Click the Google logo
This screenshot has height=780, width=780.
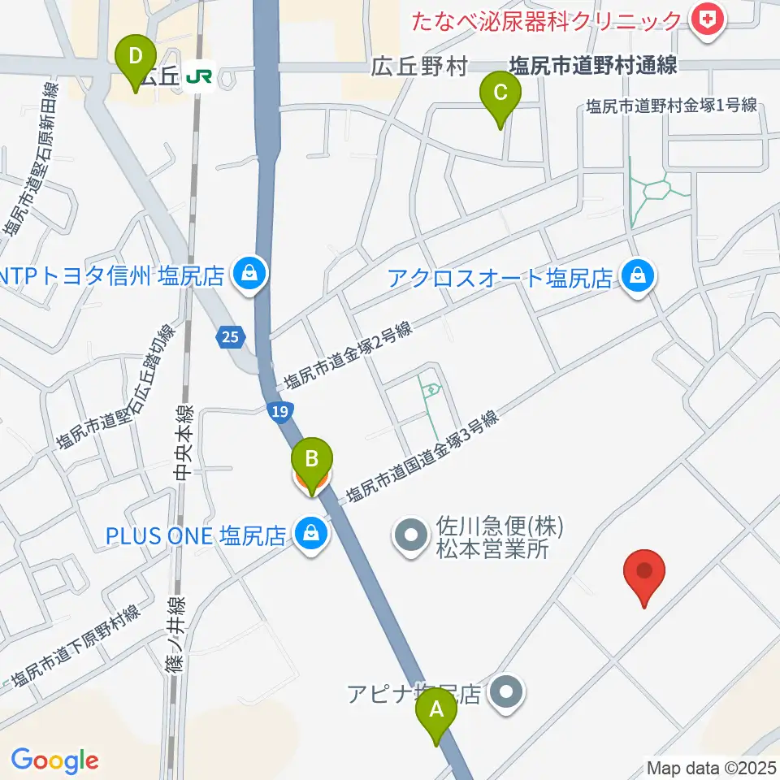(54, 760)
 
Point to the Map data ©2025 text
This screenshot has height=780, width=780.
(711, 767)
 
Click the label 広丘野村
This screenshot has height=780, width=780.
(419, 67)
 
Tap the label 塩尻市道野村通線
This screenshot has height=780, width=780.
(593, 66)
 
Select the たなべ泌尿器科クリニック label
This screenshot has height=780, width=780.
(547, 19)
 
